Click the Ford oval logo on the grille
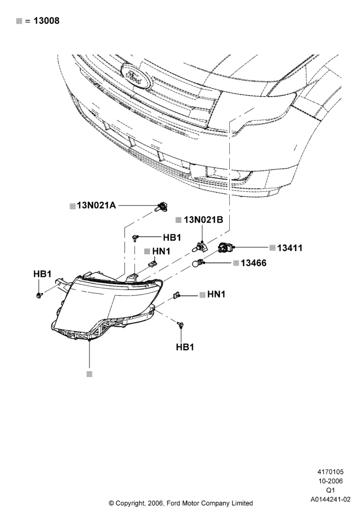pyautogui.click(x=136, y=77)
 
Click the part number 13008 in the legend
pyautogui.click(x=47, y=21)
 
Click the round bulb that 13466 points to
pyautogui.click(x=198, y=263)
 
